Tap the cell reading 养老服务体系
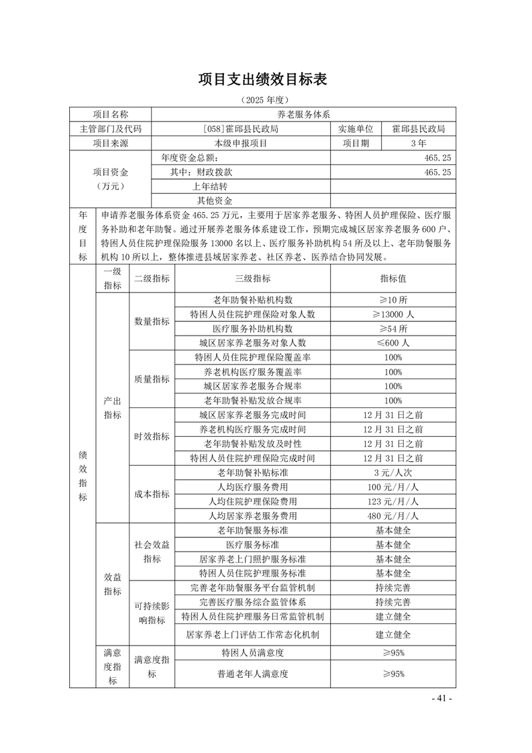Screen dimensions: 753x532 [304, 115]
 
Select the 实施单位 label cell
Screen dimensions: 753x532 [356, 129]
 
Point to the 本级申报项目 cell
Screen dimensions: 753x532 [241, 143]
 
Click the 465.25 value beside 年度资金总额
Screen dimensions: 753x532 [437, 158]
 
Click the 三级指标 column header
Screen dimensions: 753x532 [252, 279]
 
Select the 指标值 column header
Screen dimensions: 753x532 [393, 279]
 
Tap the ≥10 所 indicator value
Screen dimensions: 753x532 [393, 300]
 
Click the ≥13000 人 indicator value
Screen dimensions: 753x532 [393, 314]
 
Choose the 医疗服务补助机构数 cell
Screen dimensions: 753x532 [252, 328]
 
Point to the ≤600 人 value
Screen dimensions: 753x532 [393, 342]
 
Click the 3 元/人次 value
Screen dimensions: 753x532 [393, 472]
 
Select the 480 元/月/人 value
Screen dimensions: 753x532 [393, 516]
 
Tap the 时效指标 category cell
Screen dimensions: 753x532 [152, 436]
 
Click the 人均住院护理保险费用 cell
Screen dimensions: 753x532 [252, 501]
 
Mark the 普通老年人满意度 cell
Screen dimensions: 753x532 [252, 674]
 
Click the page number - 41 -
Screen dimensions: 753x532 [442, 699]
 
